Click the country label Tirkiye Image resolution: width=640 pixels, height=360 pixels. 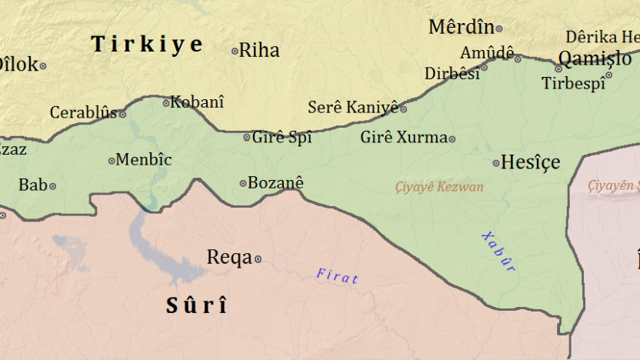(147, 44)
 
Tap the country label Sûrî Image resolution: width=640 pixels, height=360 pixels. (197, 305)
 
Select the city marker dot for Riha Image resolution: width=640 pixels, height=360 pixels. (235, 52)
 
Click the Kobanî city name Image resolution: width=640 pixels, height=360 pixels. (197, 102)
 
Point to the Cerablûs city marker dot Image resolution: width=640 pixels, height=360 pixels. (122, 114)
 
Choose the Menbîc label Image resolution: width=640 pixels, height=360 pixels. (144, 160)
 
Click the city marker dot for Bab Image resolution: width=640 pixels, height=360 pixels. (52, 186)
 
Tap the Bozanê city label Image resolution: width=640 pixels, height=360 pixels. (276, 182)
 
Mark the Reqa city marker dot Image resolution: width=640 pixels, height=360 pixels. (258, 259)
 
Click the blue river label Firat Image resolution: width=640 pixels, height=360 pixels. (337, 276)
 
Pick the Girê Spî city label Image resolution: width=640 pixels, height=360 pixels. (283, 138)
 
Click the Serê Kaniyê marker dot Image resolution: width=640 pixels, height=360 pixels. (403, 109)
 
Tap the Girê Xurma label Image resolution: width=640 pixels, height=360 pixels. (404, 138)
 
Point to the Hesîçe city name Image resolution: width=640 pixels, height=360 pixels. (531, 162)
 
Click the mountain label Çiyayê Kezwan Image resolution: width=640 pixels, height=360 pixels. (439, 187)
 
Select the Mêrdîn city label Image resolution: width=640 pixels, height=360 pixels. (461, 28)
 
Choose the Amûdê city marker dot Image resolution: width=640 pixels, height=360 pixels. (518, 58)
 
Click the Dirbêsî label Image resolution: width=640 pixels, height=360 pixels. (452, 74)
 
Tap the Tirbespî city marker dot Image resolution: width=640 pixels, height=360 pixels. (608, 75)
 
